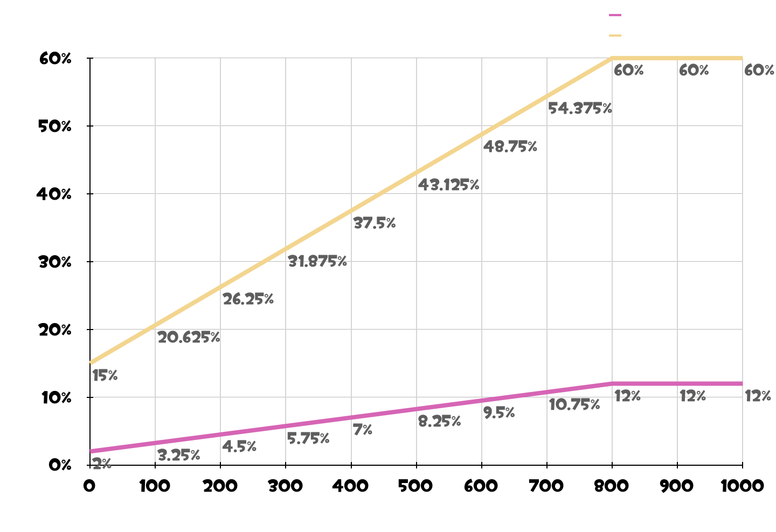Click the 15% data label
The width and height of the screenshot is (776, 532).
105,376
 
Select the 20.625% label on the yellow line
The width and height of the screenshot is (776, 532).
189,338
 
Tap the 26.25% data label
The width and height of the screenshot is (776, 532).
248,299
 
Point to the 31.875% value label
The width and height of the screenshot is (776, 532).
317,262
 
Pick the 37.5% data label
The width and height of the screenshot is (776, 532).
375,223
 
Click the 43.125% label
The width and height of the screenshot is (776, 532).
449,185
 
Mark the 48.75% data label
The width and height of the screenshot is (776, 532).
510,146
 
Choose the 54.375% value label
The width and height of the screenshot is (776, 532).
580,109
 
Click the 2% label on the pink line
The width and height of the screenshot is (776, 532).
102,464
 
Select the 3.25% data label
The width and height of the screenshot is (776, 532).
179,456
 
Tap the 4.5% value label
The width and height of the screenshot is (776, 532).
239,447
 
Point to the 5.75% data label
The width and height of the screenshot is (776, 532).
308,439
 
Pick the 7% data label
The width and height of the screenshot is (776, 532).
363,430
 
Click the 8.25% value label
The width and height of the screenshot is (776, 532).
439,422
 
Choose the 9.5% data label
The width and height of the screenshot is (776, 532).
499,413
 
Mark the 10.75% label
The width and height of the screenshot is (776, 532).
574,405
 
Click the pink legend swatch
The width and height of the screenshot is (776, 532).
615,16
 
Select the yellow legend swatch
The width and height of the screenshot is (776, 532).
615,36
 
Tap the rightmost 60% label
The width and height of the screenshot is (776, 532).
759,71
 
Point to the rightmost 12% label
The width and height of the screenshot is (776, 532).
758,397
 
